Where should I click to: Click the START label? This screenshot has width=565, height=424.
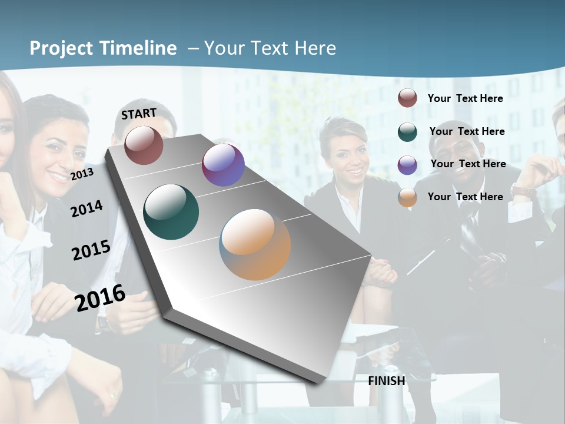[x=139, y=114]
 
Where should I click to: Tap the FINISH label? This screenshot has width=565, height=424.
[x=387, y=381]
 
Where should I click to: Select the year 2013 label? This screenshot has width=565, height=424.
[x=82, y=174]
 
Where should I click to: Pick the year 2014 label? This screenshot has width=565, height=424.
[x=87, y=208]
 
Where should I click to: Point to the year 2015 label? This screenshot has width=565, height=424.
[x=91, y=250]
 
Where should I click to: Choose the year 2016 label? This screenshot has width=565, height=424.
[x=100, y=297]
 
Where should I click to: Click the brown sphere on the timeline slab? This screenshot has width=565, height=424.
[x=144, y=145]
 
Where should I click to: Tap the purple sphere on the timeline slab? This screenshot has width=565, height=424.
[x=223, y=165]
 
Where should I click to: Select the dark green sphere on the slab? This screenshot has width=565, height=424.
[x=171, y=212]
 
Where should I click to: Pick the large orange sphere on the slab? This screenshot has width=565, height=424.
[x=255, y=244]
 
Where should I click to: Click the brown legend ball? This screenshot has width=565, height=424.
[x=407, y=98]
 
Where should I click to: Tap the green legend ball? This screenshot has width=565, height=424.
[x=407, y=132]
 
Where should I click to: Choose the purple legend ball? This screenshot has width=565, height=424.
[x=407, y=165]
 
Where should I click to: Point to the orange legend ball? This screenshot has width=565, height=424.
[x=407, y=197]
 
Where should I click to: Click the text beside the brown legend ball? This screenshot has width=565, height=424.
[x=465, y=98]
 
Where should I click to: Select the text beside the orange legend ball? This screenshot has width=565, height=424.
[x=465, y=197]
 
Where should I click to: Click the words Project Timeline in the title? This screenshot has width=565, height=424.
[x=103, y=48]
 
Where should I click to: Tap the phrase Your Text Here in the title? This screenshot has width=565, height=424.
[x=270, y=48]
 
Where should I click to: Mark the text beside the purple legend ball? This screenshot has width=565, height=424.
[x=468, y=164]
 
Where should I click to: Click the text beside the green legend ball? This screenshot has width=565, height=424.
[x=467, y=131]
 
